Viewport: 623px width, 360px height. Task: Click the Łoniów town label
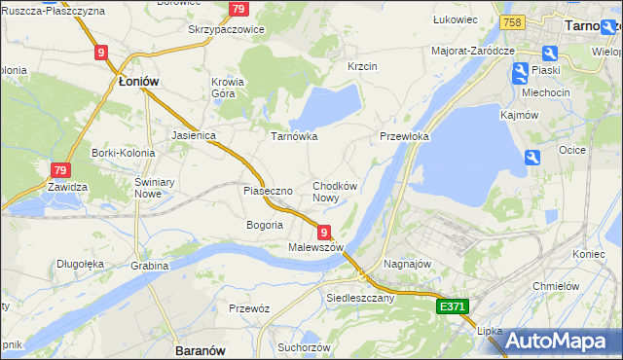[x=138, y=83]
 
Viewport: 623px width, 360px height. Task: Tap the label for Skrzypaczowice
[x=226, y=30]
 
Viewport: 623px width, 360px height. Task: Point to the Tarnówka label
[x=293, y=137]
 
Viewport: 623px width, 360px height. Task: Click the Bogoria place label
[x=265, y=225]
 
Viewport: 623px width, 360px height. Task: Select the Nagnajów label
[x=407, y=264]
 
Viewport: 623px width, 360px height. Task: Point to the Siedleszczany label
[x=360, y=298]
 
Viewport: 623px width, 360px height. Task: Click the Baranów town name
[x=200, y=349]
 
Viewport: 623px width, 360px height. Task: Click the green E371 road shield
[x=453, y=306]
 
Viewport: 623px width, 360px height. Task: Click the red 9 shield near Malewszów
[x=323, y=232]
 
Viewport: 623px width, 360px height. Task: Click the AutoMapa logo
[x=556, y=341]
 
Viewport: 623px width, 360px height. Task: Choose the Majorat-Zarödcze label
[x=473, y=50]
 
